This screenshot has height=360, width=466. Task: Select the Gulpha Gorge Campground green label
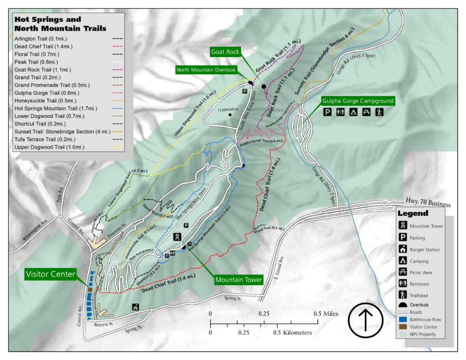pos(358,101)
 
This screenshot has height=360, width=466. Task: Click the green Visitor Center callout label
pos(50,274)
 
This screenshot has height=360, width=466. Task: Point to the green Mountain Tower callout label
pos(239,279)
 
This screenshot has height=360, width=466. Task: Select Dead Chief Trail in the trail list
pos(34,46)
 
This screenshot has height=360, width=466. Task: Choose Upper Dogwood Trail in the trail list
pos(37,147)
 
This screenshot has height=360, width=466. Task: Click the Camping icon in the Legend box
pos(403,261)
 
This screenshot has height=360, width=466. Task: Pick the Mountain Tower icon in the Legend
pos(403,225)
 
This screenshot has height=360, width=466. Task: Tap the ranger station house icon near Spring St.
pos(135,307)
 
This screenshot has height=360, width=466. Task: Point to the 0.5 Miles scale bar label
pos(325,314)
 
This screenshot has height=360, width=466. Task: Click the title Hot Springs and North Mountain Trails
pos(60,24)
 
